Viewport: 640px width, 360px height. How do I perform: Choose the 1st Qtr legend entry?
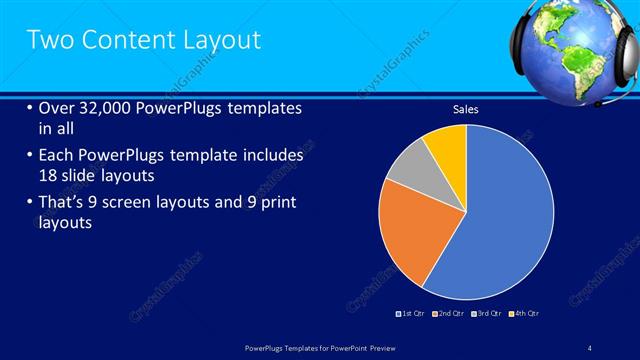coord(413,314)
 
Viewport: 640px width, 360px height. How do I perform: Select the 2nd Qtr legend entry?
coord(450,314)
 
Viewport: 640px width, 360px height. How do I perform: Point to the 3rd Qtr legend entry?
coord(487,314)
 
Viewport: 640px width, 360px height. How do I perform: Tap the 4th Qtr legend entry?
coord(523,314)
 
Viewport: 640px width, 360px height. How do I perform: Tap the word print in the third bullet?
coord(277,204)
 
